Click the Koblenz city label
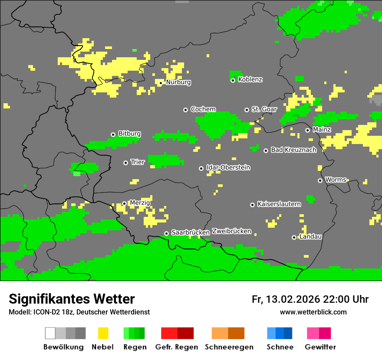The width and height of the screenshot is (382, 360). [250, 79]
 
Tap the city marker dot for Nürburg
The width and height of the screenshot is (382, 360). [161, 83]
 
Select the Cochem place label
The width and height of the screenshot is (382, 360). [203, 109]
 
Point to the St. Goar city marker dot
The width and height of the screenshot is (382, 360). [247, 110]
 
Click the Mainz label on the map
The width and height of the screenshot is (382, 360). [322, 130]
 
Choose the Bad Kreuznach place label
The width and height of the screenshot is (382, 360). [293, 150]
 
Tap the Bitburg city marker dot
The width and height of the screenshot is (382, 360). [113, 134]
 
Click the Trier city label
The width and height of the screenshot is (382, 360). [138, 162]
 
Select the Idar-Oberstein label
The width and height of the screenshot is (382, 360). [228, 167]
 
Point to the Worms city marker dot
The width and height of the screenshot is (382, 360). [320, 180]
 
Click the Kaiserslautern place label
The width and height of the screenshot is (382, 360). [279, 204]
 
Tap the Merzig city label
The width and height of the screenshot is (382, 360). [140, 203]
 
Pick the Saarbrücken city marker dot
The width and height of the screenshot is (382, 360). [166, 233]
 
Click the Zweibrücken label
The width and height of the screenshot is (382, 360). [231, 231]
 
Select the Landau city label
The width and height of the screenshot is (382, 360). [310, 236]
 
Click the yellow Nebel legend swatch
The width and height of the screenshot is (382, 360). [103, 333]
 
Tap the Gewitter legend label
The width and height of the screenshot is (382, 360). [320, 347]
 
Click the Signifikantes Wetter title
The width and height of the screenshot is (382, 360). [72, 299]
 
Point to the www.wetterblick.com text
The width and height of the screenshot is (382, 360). [313, 312]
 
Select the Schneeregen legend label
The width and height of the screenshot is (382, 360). [229, 347]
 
